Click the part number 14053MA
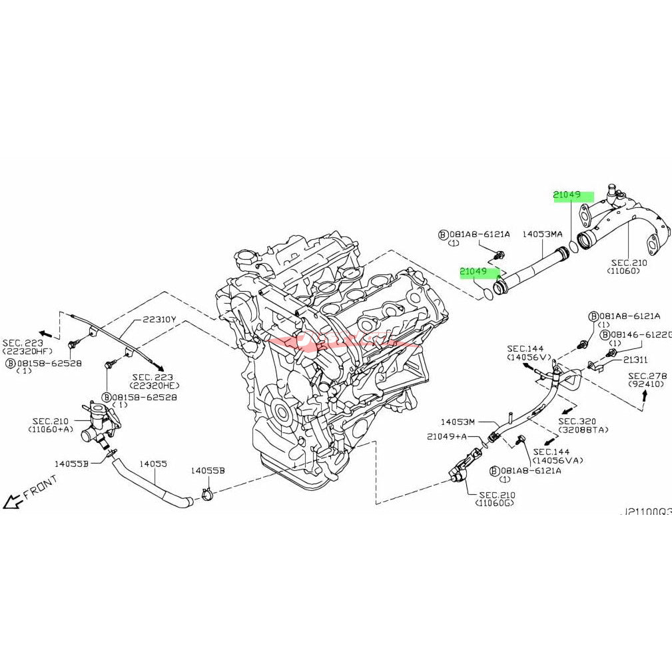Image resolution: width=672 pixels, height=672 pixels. tap(542, 234)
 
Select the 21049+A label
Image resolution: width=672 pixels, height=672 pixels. tap(447, 436)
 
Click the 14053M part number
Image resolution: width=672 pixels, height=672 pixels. tap(458, 422)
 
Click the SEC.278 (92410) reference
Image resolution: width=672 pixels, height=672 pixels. tap(647, 380)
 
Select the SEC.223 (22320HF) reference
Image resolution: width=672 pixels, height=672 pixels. tap(27, 346)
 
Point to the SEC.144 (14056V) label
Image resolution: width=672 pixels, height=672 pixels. tap(529, 353)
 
